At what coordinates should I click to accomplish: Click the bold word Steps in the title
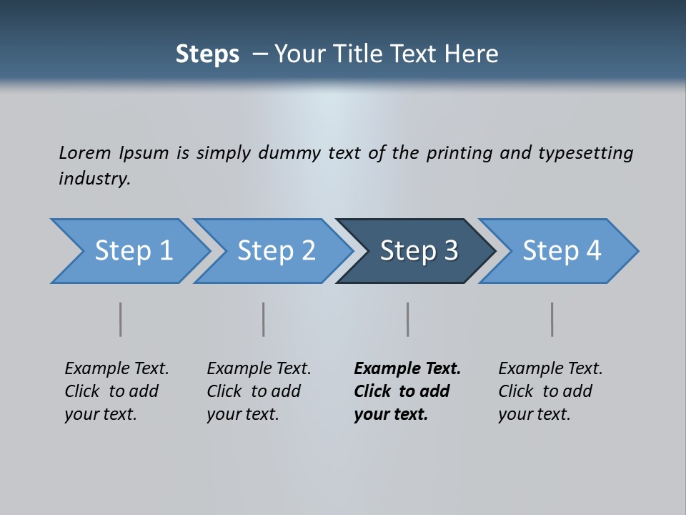click(207, 54)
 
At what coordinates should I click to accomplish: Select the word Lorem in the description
click(85, 153)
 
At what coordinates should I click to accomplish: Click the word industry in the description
click(94, 179)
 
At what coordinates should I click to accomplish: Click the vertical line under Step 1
click(121, 319)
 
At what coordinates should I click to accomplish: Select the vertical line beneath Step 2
click(264, 319)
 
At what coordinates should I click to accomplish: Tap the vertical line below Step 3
click(408, 319)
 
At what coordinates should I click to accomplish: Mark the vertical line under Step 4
click(552, 319)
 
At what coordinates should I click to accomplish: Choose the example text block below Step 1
click(116, 391)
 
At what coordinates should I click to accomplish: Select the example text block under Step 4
click(550, 391)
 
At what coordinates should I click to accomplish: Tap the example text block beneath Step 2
click(259, 391)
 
